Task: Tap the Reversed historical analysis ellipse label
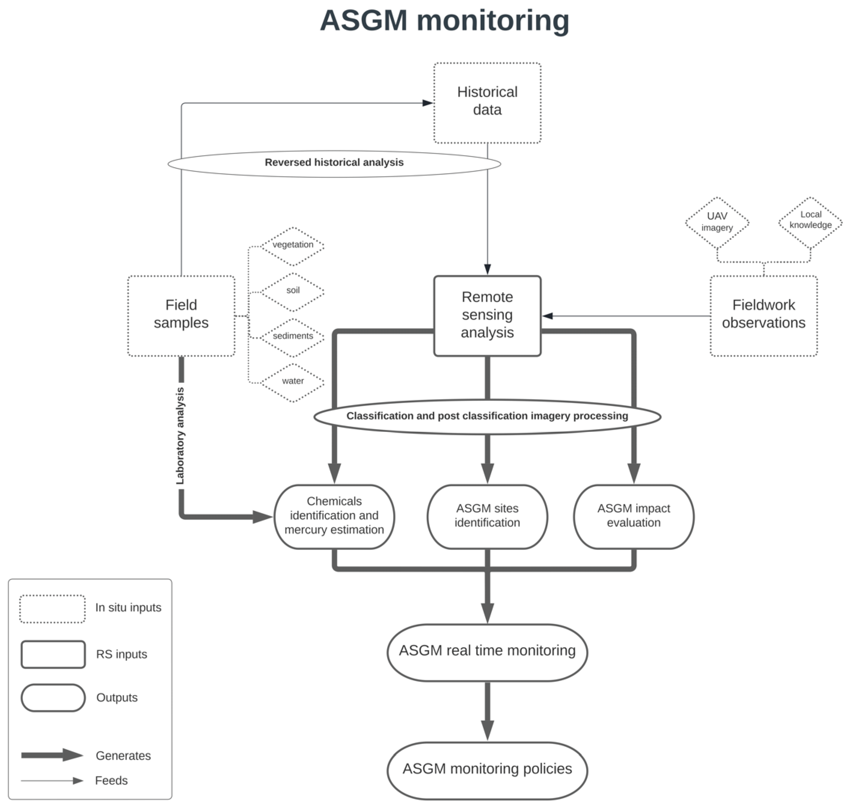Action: [334, 163]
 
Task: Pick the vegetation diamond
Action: [293, 245]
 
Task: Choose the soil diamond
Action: [293, 291]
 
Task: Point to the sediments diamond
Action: [293, 336]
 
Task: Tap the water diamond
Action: [293, 382]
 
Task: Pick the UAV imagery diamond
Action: [717, 222]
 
